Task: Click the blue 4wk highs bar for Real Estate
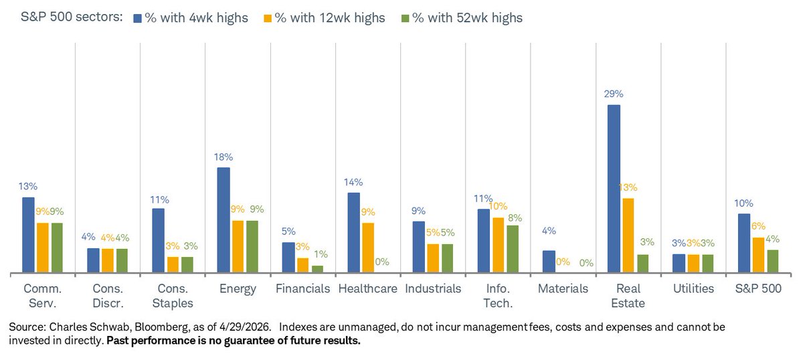click(614, 189)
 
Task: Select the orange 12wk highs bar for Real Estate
click(628, 236)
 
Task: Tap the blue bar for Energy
click(224, 220)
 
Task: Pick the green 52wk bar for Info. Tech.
click(512, 249)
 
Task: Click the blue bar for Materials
click(549, 262)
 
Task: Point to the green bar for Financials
click(317, 269)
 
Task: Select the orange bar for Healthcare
click(368, 248)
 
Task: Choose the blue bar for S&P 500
click(743, 244)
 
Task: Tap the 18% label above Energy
click(224, 157)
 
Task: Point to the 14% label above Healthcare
click(353, 182)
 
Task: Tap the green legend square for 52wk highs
click(402, 18)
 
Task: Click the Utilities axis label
click(693, 288)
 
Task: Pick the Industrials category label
click(433, 288)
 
